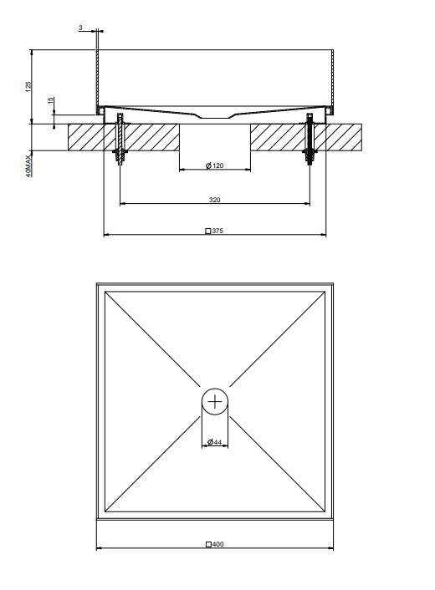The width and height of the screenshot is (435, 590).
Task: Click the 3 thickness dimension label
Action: tap(80, 28)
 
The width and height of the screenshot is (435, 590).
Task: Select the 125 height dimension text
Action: tap(28, 87)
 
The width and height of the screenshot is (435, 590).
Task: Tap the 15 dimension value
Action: tap(51, 100)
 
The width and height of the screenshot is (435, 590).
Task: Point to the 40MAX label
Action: tap(28, 166)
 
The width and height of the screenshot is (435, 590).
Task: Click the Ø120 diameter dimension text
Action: tap(215, 165)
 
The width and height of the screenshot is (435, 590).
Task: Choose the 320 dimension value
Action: tap(215, 200)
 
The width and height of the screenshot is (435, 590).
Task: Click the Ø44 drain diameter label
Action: tap(215, 442)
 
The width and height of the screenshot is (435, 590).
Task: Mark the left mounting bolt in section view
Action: tap(120, 139)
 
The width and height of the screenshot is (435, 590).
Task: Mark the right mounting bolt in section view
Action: tap(310, 139)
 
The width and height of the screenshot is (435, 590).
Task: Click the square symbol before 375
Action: tap(208, 231)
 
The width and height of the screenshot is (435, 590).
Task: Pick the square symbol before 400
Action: tap(208, 545)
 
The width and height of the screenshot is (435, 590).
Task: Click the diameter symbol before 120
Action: tap(208, 165)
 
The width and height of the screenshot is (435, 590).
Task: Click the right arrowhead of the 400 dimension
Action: tap(330, 548)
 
